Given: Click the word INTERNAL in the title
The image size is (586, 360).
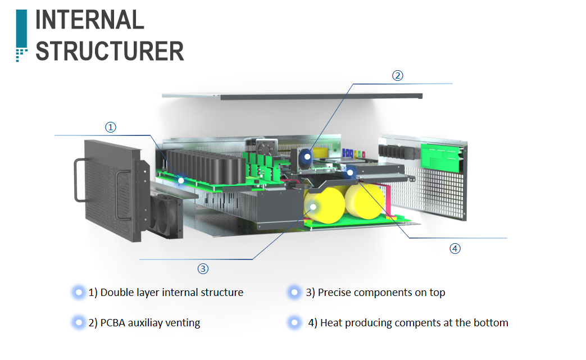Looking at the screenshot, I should pyautogui.click(x=90, y=20).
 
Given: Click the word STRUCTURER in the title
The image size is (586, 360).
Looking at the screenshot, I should pyautogui.click(x=110, y=51).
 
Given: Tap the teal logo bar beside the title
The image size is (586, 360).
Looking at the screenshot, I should pyautogui.click(x=21, y=31).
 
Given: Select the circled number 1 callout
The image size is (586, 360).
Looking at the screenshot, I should pyautogui.click(x=111, y=127).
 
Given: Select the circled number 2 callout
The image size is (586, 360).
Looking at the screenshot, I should pyautogui.click(x=397, y=76).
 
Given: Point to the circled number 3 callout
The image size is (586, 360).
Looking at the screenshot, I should pyautogui.click(x=203, y=268).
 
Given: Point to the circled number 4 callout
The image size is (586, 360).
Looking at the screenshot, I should pyautogui.click(x=455, y=248).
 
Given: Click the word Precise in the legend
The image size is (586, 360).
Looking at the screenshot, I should pyautogui.click(x=335, y=293).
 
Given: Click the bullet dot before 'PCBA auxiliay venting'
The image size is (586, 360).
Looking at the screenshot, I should pyautogui.click(x=77, y=323).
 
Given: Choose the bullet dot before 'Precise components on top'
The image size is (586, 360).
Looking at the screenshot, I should pyautogui.click(x=293, y=293).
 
